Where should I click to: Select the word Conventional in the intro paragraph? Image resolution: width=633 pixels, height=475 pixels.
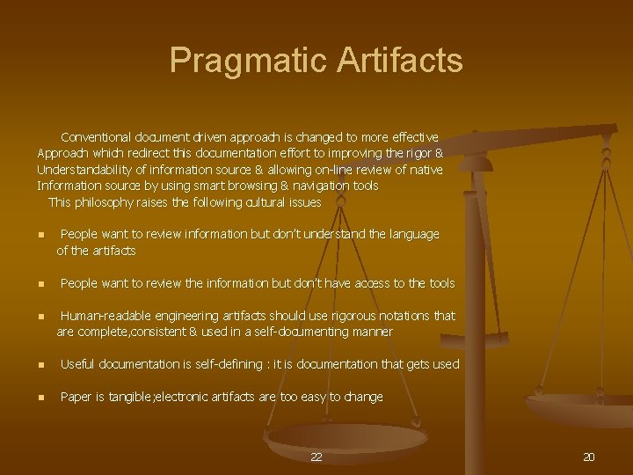tap(95, 137)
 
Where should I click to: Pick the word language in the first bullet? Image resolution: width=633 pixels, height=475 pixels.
tap(409, 234)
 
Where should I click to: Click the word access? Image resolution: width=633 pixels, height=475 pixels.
tap(365, 283)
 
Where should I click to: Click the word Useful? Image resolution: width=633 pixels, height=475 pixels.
tap(77, 364)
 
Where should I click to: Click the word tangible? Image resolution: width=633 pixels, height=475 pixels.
tap(129, 397)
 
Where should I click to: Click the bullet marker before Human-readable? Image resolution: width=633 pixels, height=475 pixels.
tap(40, 317)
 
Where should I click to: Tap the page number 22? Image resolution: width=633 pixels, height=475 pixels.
tap(316, 457)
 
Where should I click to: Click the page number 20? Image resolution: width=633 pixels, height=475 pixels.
tap(589, 457)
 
